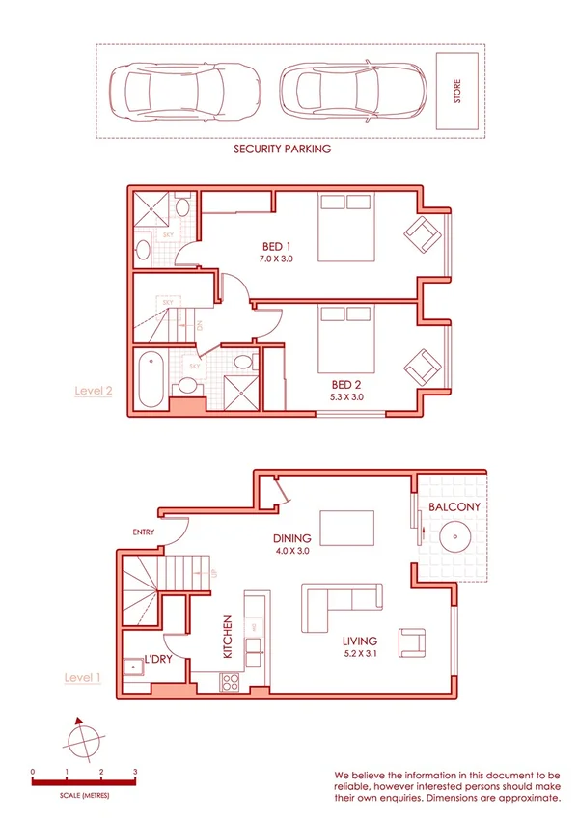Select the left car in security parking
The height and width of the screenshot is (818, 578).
pyautogui.click(x=179, y=91)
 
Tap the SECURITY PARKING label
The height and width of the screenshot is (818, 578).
pyautogui.click(x=283, y=150)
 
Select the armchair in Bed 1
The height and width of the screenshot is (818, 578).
pyautogui.click(x=422, y=232)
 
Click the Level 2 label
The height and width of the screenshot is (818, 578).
pyautogui.click(x=95, y=391)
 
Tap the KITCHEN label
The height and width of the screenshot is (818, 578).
pyautogui.click(x=229, y=637)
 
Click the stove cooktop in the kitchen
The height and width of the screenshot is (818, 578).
pyautogui.click(x=232, y=682)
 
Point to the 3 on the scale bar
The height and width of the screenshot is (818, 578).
pyautogui.click(x=135, y=772)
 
